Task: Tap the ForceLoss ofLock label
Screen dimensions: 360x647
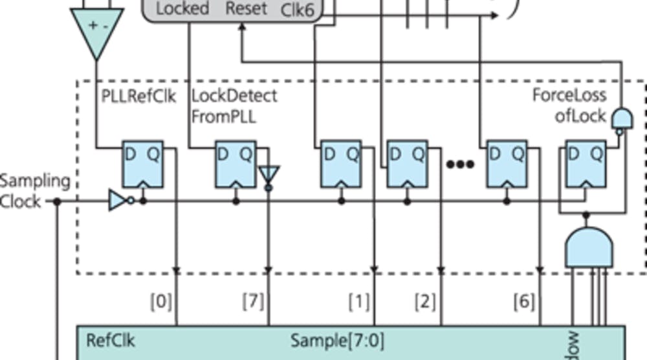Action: click(x=570, y=106)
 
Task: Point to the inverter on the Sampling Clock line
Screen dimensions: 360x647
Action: click(x=120, y=201)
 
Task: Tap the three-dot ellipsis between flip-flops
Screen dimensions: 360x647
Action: click(x=461, y=164)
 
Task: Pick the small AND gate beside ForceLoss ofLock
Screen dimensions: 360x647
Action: click(x=622, y=118)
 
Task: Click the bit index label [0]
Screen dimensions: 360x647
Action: click(x=160, y=301)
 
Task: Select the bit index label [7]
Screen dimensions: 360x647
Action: click(x=252, y=301)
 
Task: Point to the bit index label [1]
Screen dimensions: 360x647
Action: click(x=359, y=301)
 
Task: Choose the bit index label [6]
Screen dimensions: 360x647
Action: click(x=523, y=301)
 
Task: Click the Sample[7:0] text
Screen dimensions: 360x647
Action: click(x=336, y=340)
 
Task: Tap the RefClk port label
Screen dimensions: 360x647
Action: click(x=111, y=340)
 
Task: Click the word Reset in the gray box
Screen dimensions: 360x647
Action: click(x=246, y=8)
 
